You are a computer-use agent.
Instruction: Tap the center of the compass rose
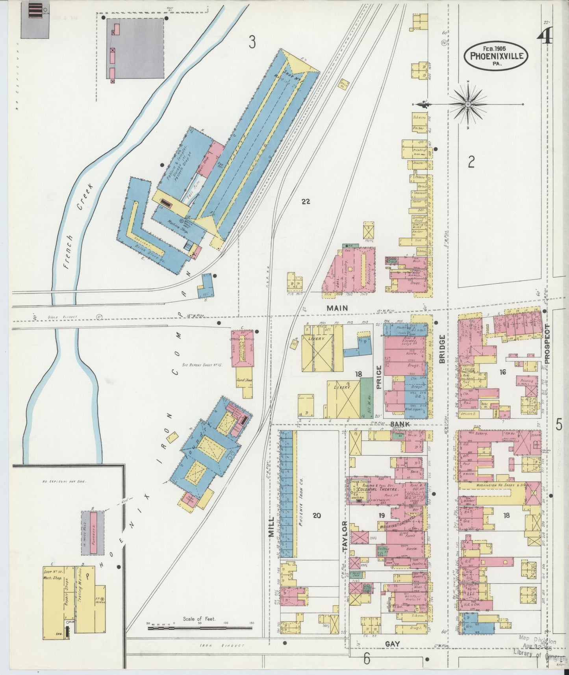tap(467, 104)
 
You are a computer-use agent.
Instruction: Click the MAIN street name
tap(337, 308)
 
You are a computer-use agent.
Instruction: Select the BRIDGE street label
tap(442, 349)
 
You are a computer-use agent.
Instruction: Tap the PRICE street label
tap(379, 377)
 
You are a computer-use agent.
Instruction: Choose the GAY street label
tap(392, 643)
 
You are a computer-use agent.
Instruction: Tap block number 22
tap(306, 202)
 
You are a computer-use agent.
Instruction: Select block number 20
tap(317, 516)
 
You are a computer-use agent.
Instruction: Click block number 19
tap(382, 515)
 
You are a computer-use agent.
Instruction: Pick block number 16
tap(502, 372)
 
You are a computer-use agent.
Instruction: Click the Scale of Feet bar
tap(200, 628)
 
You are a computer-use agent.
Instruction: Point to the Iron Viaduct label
tap(222, 645)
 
